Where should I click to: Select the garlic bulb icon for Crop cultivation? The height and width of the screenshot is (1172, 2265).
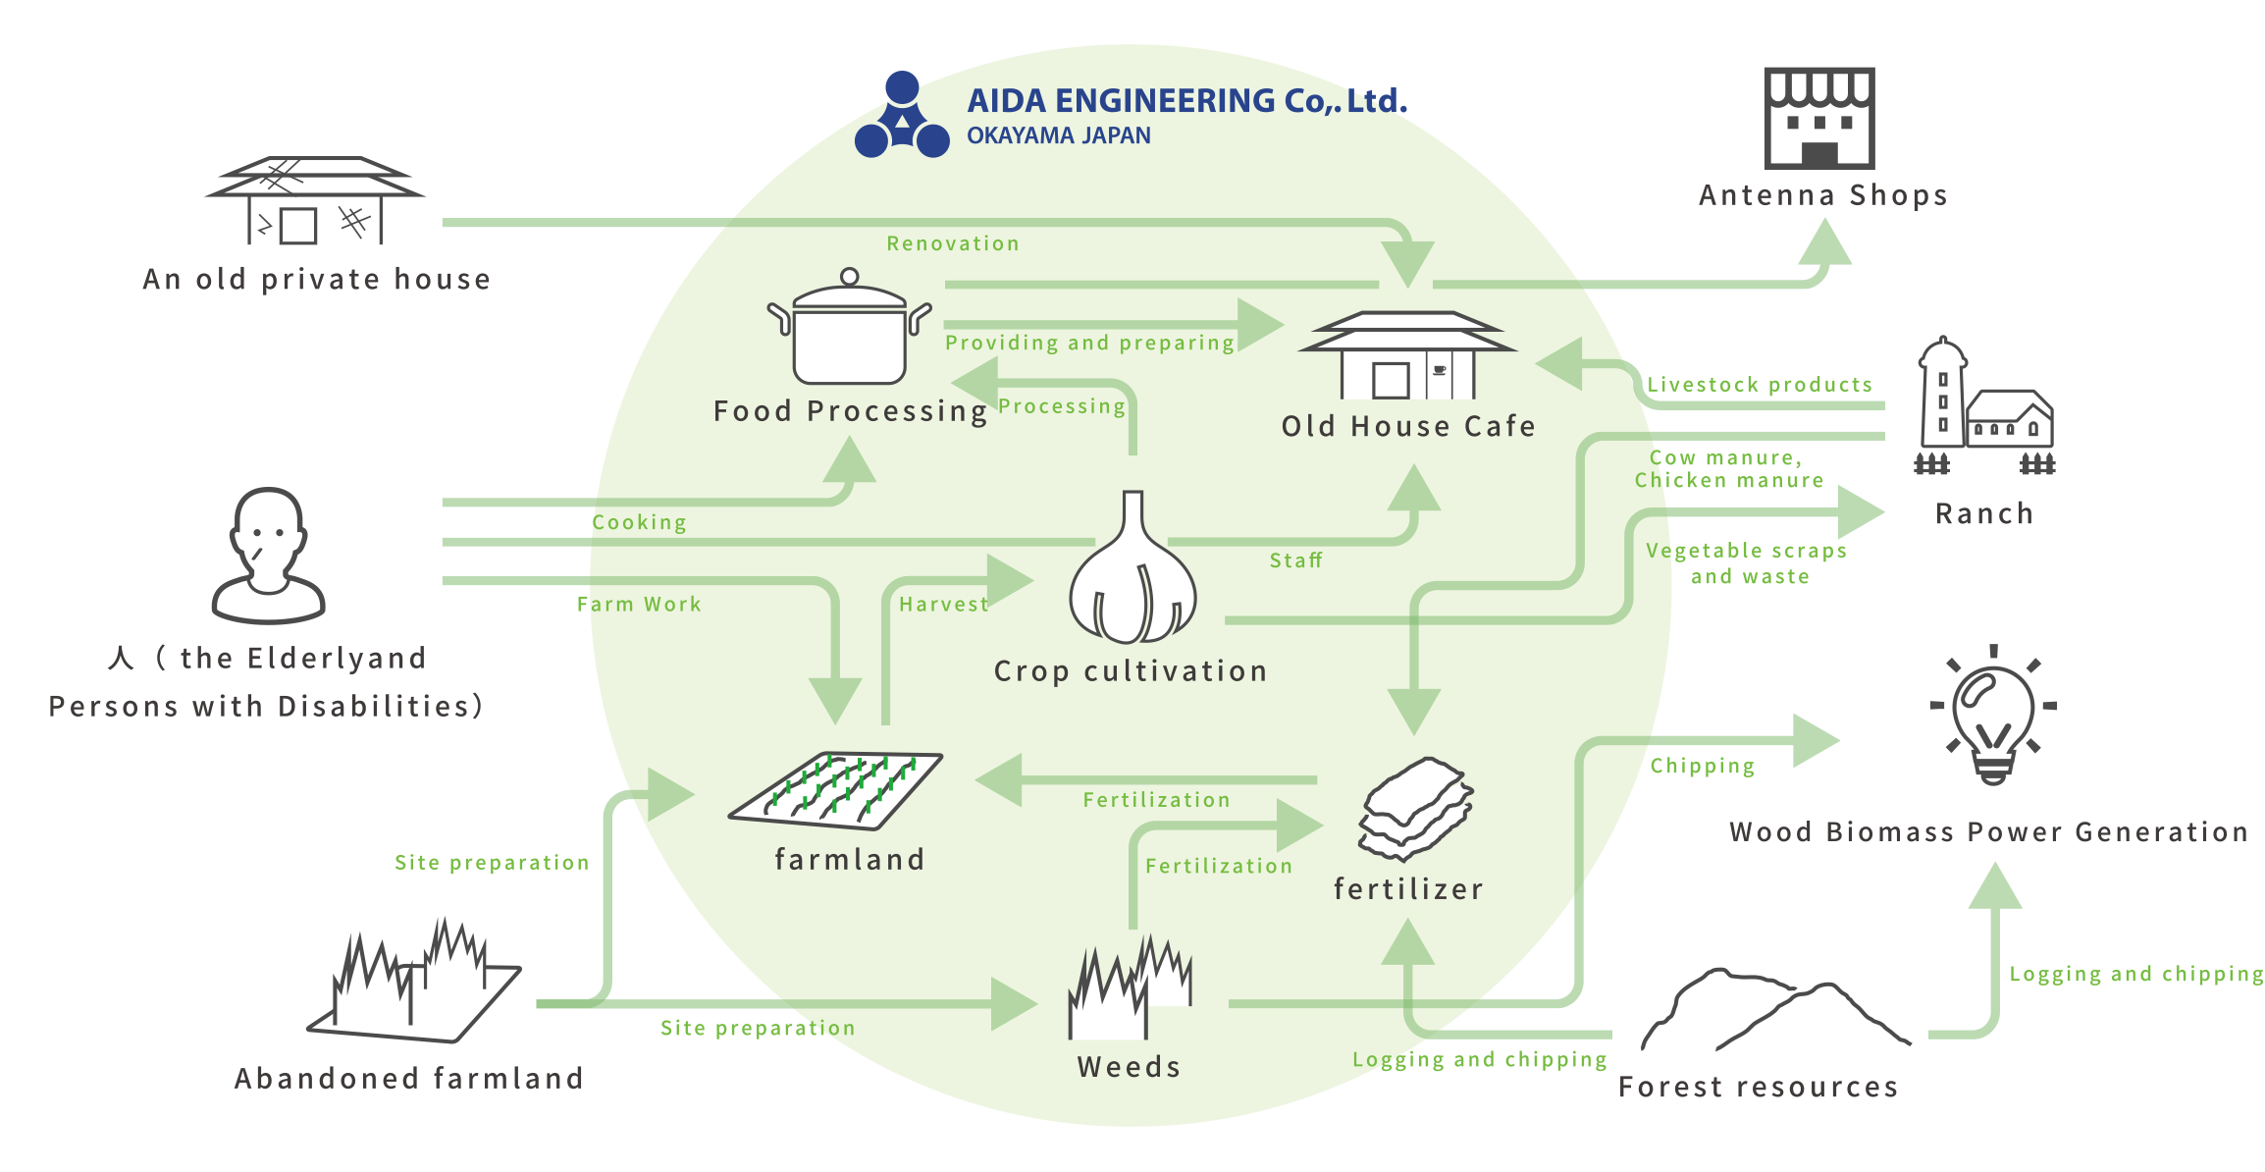[1132, 574]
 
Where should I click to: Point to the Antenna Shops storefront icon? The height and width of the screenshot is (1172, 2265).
[1819, 118]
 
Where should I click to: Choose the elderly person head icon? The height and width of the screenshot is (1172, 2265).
[268, 556]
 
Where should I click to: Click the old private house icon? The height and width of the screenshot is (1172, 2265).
[315, 201]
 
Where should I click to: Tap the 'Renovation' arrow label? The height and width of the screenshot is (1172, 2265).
[953, 243]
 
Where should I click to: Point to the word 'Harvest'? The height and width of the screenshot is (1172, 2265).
[943, 605]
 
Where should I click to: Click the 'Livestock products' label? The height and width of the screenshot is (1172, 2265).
[1759, 385]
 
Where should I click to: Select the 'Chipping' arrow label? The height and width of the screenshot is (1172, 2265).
[1702, 766]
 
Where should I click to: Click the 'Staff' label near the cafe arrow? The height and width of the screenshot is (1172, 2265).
[1295, 560]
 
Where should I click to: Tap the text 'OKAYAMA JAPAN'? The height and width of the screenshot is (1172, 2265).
[1058, 135]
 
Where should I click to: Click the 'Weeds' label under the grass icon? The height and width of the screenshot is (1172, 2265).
[1129, 1067]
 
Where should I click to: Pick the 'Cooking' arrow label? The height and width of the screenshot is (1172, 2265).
[639, 522]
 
